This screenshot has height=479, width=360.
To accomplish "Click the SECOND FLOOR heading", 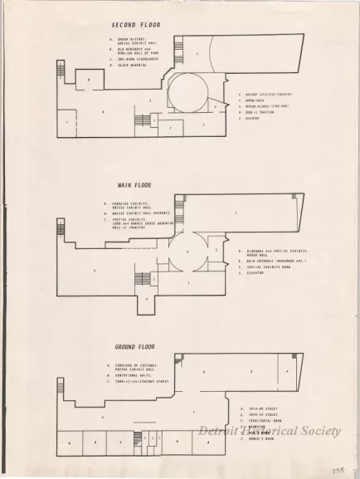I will pyautogui.click(x=135, y=25).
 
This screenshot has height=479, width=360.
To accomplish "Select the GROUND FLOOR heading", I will pyautogui.click(x=139, y=346).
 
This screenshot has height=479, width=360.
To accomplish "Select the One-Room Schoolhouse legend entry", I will pyautogui.click(x=136, y=58).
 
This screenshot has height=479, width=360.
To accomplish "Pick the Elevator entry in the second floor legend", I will pyautogui.click(x=252, y=118).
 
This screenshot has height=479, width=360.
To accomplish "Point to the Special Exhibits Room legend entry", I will pyautogui.click(x=270, y=266).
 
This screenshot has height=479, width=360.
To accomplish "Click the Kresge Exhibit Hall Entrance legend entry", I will pyautogui.click(x=145, y=213).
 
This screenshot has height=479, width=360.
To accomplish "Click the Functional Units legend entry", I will pyautogui.click(x=132, y=375).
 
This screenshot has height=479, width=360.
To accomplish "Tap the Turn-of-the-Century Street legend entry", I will pyautogui.click(x=140, y=382).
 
